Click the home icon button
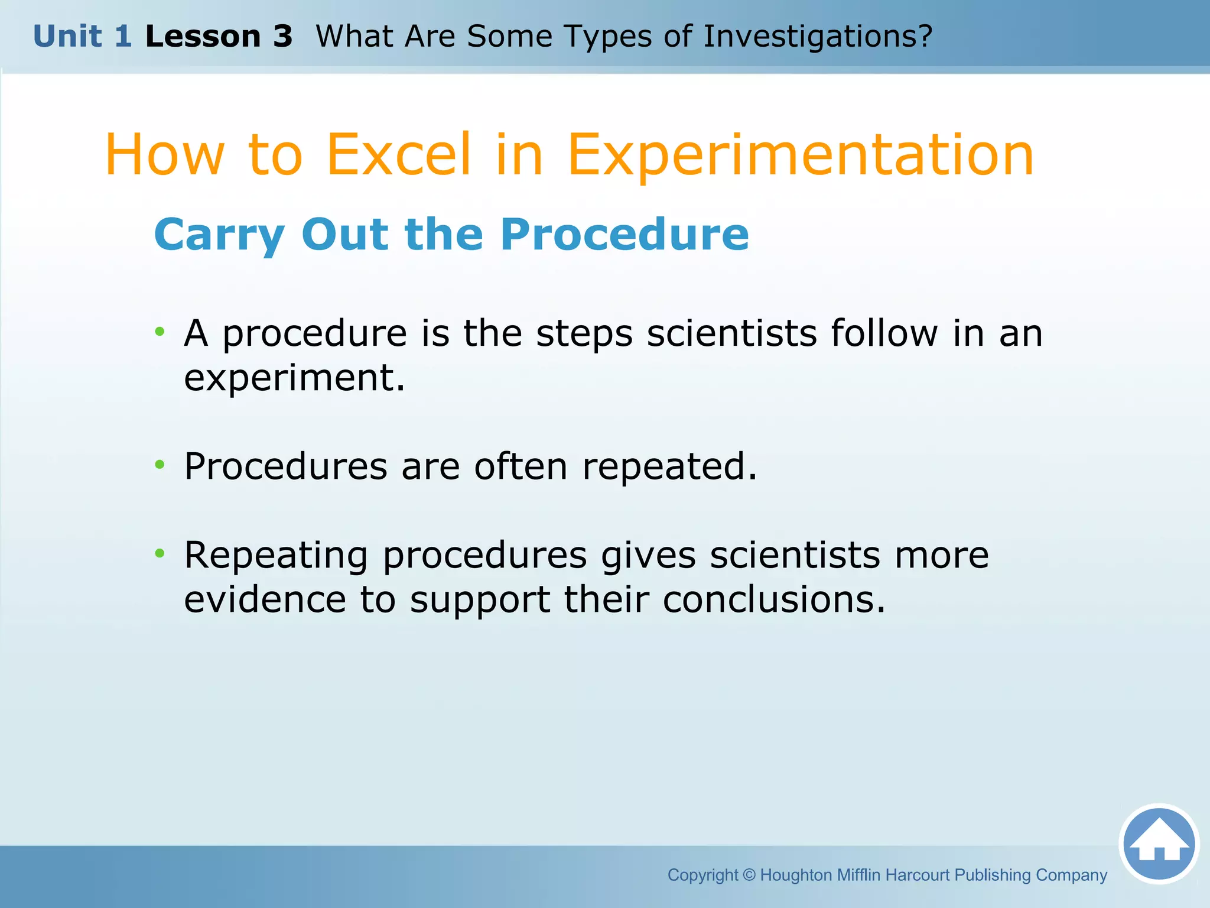(x=1159, y=844)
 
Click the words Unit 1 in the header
(x=82, y=36)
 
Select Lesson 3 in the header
(x=219, y=36)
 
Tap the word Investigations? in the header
(x=818, y=37)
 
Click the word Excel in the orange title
(x=399, y=154)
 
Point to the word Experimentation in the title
(x=801, y=155)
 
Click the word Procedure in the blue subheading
(x=624, y=234)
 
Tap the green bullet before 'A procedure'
(x=160, y=332)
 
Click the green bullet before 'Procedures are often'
(x=160, y=465)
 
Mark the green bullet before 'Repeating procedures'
(x=160, y=553)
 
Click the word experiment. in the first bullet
(x=294, y=378)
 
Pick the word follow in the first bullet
(x=884, y=333)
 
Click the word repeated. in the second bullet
(x=669, y=466)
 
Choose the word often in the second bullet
(x=521, y=466)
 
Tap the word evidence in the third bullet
(x=265, y=599)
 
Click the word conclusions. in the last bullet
(x=774, y=599)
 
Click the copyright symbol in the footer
(x=749, y=875)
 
